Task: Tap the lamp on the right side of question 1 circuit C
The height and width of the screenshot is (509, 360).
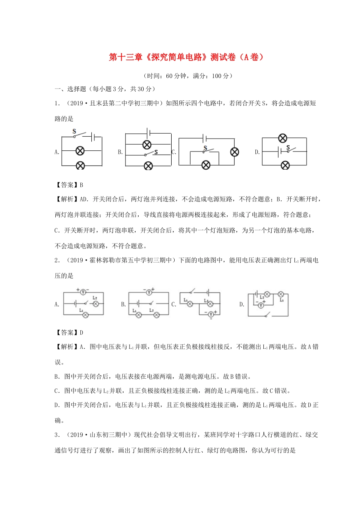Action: (235, 152)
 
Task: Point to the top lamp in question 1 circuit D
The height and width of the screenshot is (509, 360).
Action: (282, 138)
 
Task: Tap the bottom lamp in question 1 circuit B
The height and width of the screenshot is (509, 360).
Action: (148, 166)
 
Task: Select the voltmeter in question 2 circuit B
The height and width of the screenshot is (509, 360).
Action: (149, 292)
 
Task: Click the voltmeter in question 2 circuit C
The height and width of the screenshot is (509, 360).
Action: (211, 314)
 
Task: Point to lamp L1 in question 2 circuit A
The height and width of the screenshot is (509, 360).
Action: (86, 315)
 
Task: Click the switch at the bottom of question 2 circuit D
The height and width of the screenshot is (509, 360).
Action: (268, 315)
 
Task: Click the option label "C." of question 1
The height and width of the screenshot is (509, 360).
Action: (174, 152)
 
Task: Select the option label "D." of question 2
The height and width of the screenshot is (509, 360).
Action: (242, 304)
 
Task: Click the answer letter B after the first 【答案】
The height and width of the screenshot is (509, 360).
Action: (81, 185)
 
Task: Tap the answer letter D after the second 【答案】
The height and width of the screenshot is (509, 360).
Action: (81, 333)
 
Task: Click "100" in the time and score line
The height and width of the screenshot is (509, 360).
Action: (216, 76)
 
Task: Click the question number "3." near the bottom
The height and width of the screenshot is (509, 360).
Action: (57, 435)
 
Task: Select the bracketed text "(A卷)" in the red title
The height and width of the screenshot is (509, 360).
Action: (251, 57)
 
